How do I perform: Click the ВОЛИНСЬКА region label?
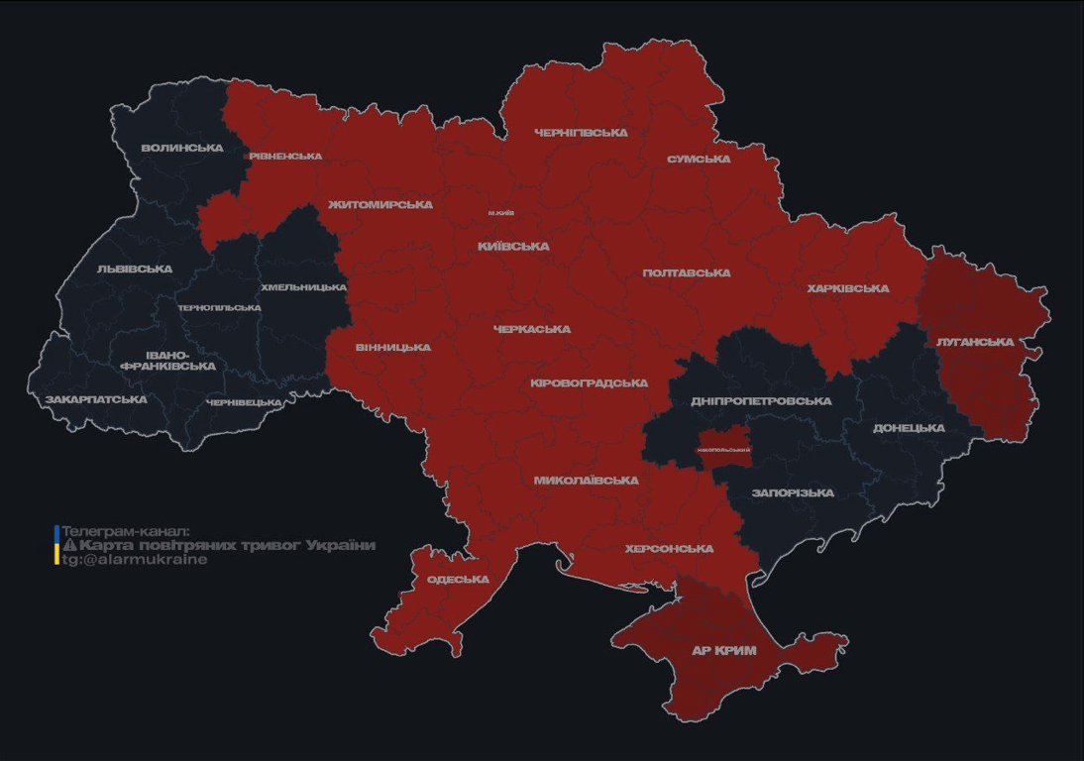(181, 148)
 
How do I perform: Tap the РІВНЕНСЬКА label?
(285, 156)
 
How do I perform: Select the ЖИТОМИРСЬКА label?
(380, 204)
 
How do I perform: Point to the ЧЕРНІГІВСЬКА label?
(581, 132)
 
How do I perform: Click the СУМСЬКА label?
(699, 159)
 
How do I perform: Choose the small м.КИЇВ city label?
(500, 213)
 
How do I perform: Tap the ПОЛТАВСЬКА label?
(686, 272)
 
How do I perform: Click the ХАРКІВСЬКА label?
(847, 288)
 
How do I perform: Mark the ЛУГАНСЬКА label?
(975, 342)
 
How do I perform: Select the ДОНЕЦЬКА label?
(909, 428)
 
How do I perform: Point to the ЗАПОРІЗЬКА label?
(793, 492)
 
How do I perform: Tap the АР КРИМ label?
(724, 650)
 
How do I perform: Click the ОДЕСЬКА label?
(458, 580)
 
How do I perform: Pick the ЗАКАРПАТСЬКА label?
(96, 399)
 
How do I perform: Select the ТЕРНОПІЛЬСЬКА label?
(219, 307)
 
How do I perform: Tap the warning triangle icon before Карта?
(69, 545)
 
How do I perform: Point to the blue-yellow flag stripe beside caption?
(56, 545)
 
